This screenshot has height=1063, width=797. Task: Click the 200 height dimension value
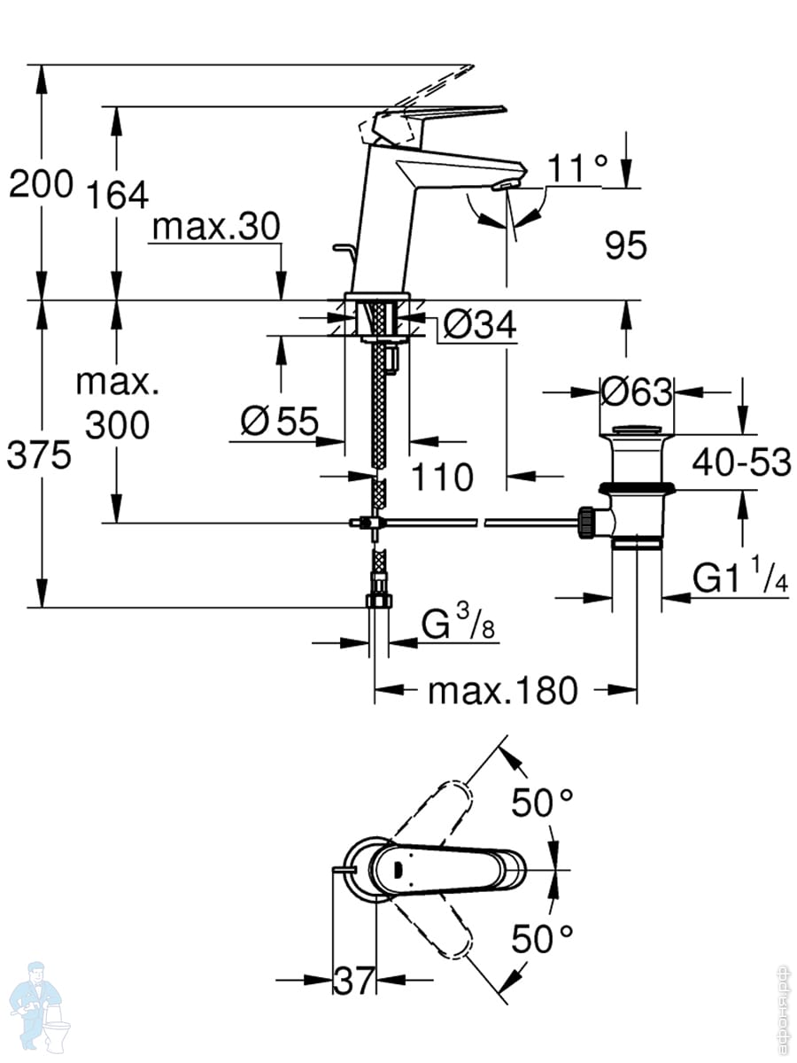(40, 185)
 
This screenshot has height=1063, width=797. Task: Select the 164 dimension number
(118, 195)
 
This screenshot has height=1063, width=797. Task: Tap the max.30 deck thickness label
(216, 228)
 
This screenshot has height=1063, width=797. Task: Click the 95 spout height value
(626, 246)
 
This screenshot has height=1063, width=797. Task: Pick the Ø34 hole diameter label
(478, 326)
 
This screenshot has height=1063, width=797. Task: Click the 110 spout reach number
(443, 477)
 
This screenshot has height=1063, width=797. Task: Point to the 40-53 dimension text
(741, 462)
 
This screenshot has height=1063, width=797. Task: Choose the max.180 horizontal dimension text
(502, 690)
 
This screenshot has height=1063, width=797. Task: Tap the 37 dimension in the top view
(355, 980)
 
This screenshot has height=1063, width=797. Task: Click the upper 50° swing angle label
(542, 803)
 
